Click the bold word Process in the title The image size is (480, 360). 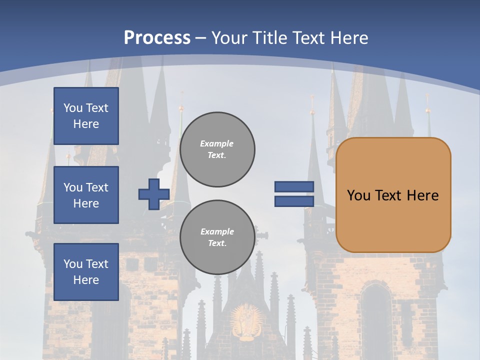pyautogui.click(x=157, y=37)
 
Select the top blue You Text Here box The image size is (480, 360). pyautogui.click(x=86, y=116)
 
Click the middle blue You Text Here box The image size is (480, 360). pyautogui.click(x=86, y=195)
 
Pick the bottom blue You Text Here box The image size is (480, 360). pyautogui.click(x=86, y=271)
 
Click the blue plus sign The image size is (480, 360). pyautogui.click(x=153, y=194)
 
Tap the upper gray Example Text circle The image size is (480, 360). pyautogui.click(x=217, y=149)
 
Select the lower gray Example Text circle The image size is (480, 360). pyautogui.click(x=217, y=237)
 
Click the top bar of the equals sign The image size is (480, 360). pyautogui.click(x=294, y=186)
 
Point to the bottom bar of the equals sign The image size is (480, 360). pyautogui.click(x=294, y=201)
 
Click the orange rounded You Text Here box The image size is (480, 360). pyautogui.click(x=393, y=194)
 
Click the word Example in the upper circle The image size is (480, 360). pyautogui.click(x=217, y=143)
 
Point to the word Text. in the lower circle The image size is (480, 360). pyautogui.click(x=217, y=243)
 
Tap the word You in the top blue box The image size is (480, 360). pyautogui.click(x=72, y=108)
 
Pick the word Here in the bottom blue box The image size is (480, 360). pyautogui.click(x=86, y=280)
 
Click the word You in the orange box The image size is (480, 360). pyautogui.click(x=358, y=195)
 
